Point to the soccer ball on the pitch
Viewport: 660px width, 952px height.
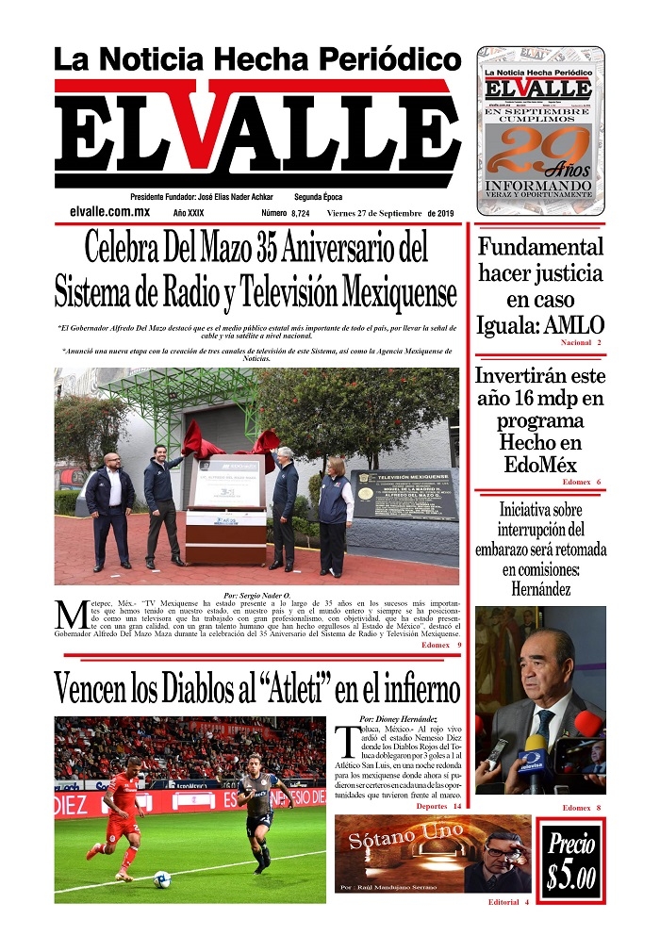click(161, 878)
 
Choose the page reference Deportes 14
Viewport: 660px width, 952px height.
click(437, 807)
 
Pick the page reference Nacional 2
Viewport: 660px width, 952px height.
click(580, 342)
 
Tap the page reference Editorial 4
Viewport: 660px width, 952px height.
click(508, 902)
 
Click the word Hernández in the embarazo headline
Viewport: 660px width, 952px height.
click(540, 590)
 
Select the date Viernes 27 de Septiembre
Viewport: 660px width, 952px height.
click(375, 213)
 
